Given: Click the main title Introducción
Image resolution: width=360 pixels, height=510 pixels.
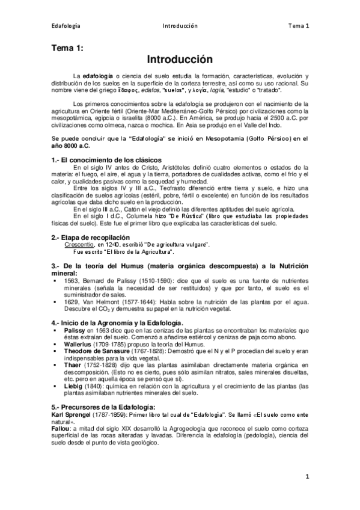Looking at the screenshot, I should pyautogui.click(x=180, y=60).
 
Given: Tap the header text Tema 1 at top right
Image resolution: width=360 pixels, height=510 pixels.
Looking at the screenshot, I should pyautogui.click(x=298, y=26).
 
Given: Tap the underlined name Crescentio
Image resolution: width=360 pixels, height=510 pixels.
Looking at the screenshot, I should pyautogui.click(x=80, y=244).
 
